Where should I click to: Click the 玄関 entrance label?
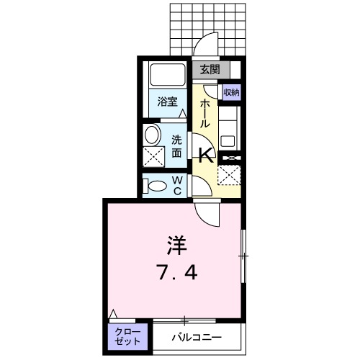210,70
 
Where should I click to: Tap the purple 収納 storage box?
231,91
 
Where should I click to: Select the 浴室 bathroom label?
167,102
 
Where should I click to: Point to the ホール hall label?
205,114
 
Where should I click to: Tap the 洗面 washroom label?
176,145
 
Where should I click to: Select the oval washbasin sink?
151,135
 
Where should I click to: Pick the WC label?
176,185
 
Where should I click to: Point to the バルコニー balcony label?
197,336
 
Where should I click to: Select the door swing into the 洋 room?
209,212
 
